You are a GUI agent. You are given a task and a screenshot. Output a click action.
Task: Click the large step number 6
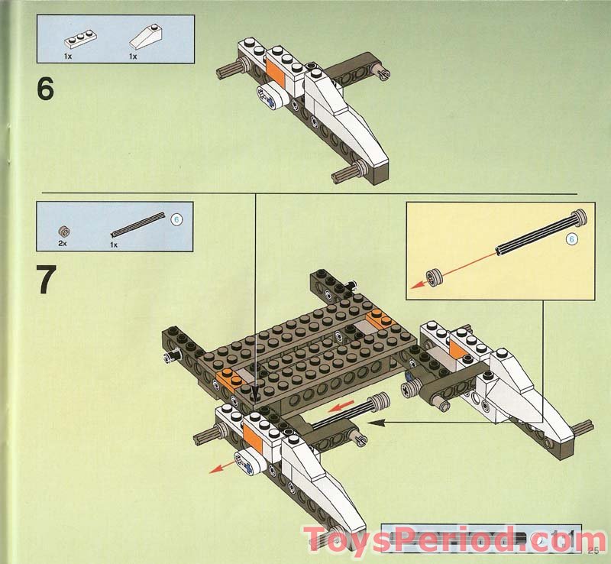(x=46, y=89)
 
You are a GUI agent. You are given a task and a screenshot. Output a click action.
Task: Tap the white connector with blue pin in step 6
(x=269, y=96)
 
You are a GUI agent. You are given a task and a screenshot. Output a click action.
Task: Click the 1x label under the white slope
(x=133, y=57)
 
